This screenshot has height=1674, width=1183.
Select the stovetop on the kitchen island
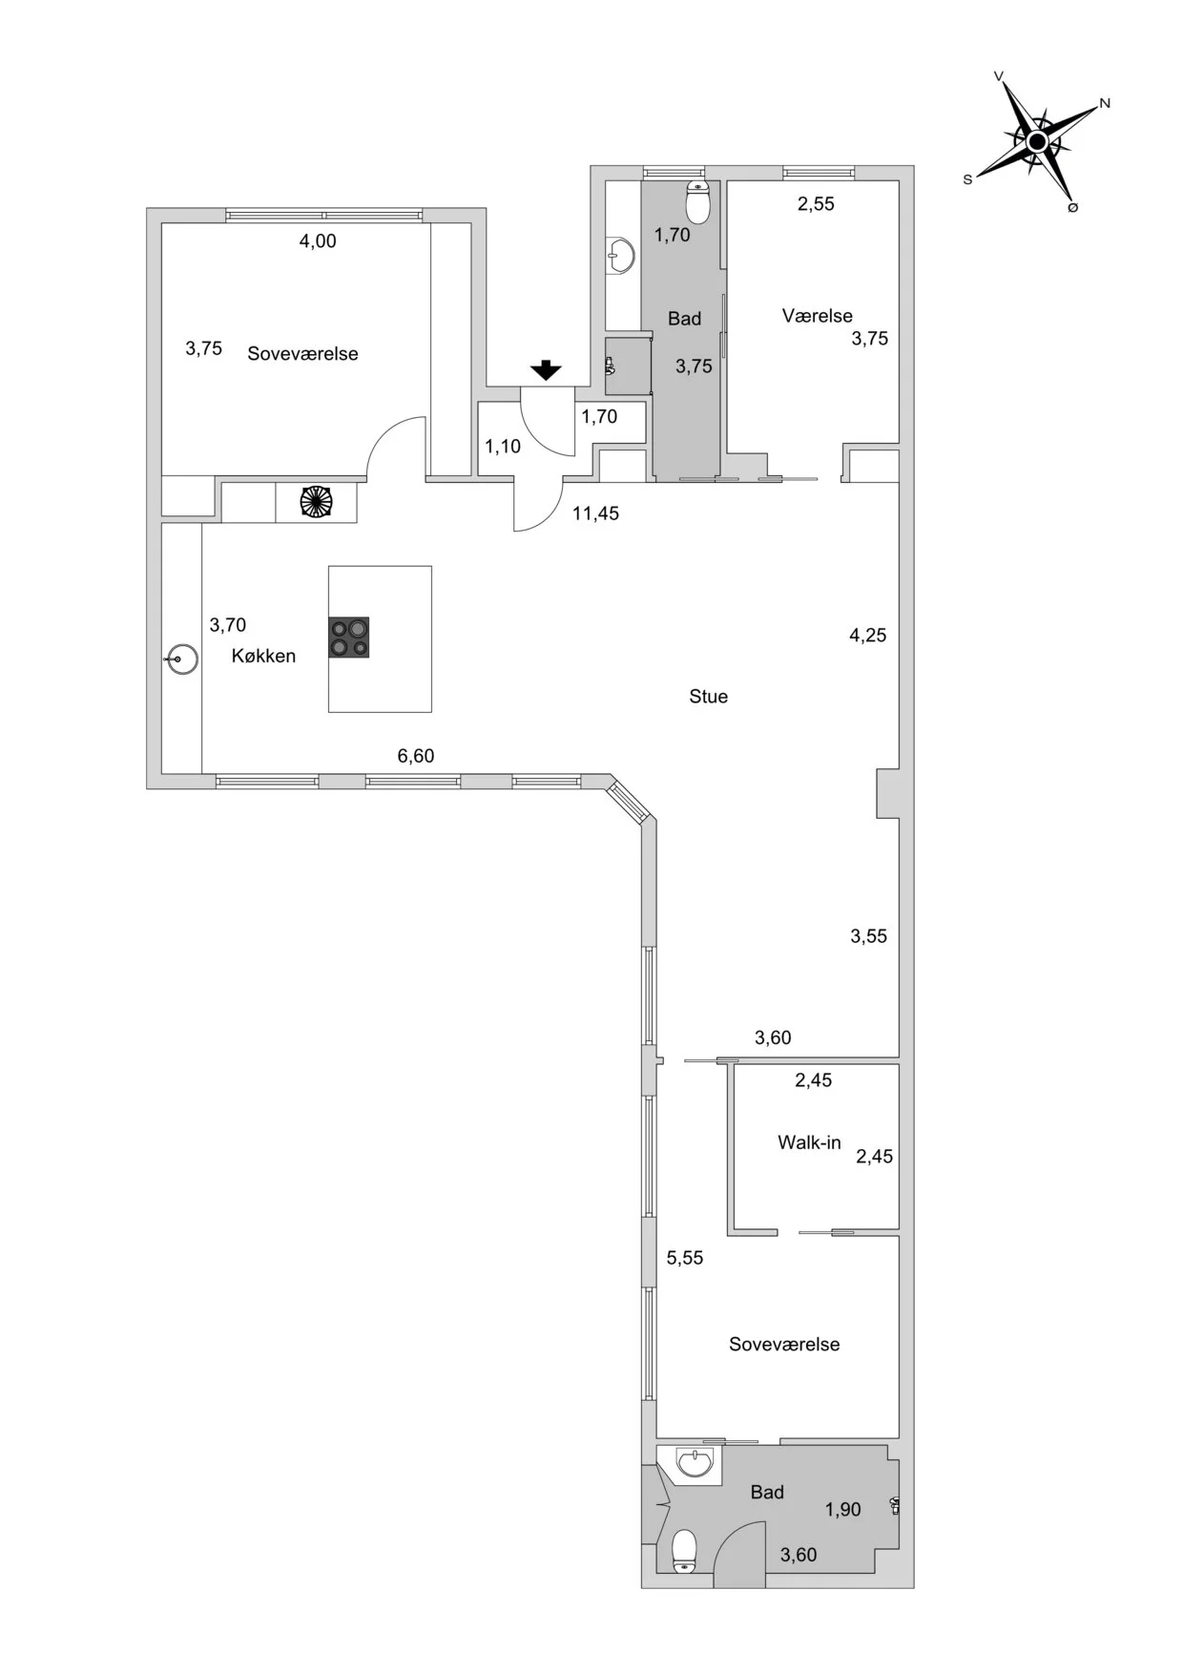pyautogui.click(x=348, y=638)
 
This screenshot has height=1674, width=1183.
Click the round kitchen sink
pyautogui.click(x=181, y=659)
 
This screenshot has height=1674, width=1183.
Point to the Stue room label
pyautogui.click(x=708, y=697)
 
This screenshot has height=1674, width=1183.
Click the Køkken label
pyautogui.click(x=263, y=656)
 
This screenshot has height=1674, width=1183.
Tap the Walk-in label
pyautogui.click(x=809, y=1142)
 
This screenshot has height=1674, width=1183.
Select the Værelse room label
pyautogui.click(x=818, y=316)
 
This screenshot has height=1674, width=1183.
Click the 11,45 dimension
pyautogui.click(x=595, y=513)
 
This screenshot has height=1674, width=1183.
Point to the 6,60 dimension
pyautogui.click(x=416, y=756)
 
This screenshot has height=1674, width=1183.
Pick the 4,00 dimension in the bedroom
pyautogui.click(x=318, y=241)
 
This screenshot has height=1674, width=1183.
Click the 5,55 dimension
pyautogui.click(x=685, y=1258)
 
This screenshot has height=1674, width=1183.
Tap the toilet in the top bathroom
pyautogui.click(x=699, y=201)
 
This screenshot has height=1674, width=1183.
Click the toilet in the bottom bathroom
pyautogui.click(x=685, y=1553)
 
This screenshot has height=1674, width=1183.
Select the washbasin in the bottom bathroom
pyautogui.click(x=694, y=1462)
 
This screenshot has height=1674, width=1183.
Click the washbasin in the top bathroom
pyautogui.click(x=622, y=256)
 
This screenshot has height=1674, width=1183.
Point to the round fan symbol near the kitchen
pyautogui.click(x=316, y=502)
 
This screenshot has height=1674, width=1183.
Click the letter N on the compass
pyautogui.click(x=1105, y=103)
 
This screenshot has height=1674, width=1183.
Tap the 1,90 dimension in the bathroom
pyautogui.click(x=843, y=1509)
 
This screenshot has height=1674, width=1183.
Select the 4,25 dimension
pyautogui.click(x=868, y=636)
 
